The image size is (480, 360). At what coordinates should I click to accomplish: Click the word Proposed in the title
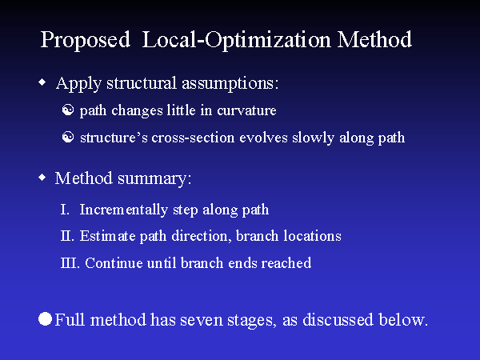(x=85, y=40)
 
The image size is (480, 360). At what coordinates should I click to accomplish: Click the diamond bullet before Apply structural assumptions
(x=42, y=82)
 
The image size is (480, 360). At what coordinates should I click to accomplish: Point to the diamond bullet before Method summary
(x=42, y=178)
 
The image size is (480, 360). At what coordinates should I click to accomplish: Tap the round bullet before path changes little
(x=68, y=110)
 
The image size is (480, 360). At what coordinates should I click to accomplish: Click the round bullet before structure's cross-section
(x=68, y=138)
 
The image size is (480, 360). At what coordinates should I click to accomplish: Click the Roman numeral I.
(x=64, y=210)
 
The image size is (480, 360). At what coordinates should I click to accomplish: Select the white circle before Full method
(x=46, y=319)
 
